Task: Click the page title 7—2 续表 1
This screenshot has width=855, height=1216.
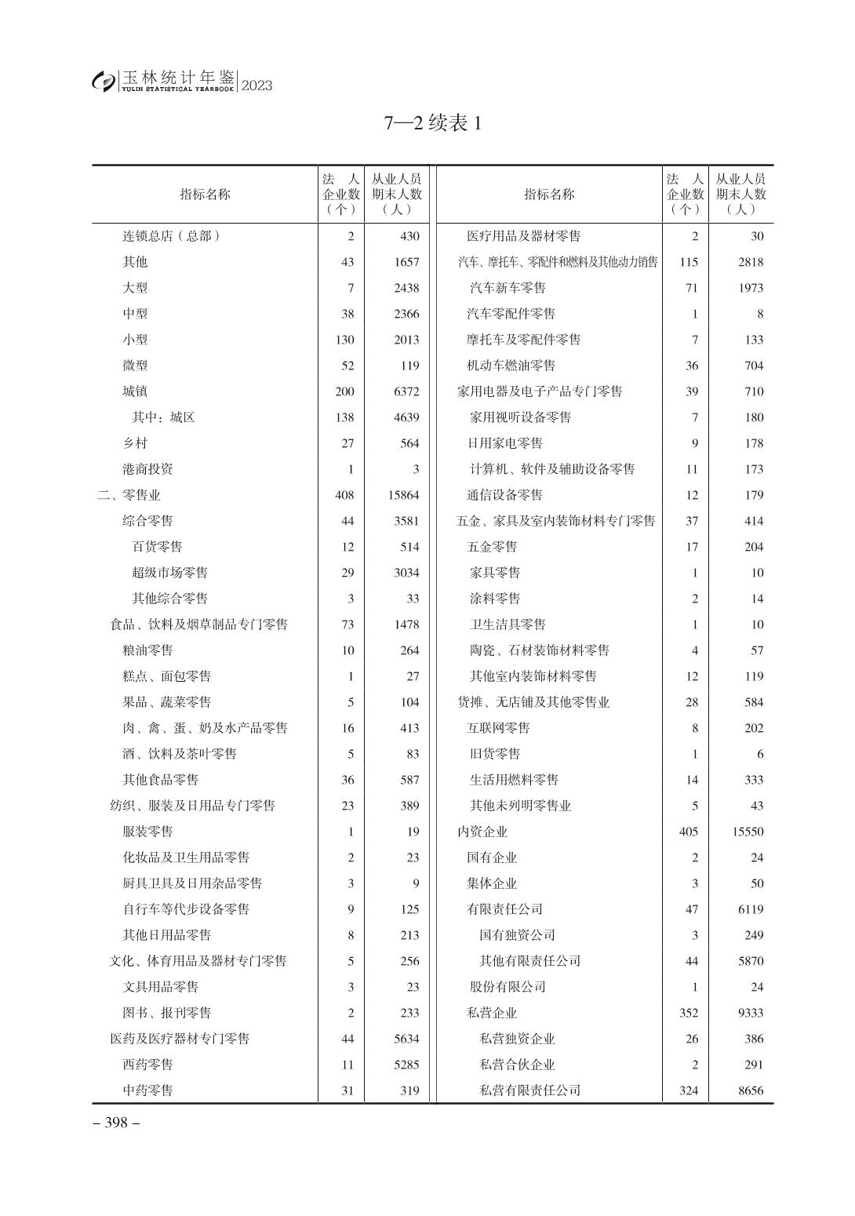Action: pos(432,123)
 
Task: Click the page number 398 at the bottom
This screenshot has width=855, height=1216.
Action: pos(116,1123)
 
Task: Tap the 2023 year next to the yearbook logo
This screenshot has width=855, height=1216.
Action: pos(256,86)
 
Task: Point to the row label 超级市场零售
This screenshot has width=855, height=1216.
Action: pos(169,573)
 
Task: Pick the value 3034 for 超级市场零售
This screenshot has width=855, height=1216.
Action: pos(406,573)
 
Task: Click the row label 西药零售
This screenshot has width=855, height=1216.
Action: pos(147,1065)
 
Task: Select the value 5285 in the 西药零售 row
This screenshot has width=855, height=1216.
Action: pos(406,1065)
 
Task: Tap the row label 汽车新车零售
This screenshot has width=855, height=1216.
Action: pos(508,288)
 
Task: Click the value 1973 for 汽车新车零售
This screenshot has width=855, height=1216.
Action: pos(750,288)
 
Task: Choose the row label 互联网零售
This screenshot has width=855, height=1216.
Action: pos(498,728)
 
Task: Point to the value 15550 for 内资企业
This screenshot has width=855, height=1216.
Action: pos(748,832)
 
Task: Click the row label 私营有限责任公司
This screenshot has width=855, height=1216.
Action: pos(529,1090)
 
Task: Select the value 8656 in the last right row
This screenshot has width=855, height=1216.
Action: pos(750,1090)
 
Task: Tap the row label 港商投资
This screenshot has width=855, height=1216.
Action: pos(147,469)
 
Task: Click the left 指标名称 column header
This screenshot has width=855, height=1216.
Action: pos(205,195)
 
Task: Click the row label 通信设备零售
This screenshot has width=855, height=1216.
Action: pos(504,495)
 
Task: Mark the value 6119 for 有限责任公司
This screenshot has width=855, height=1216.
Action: pos(750,909)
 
